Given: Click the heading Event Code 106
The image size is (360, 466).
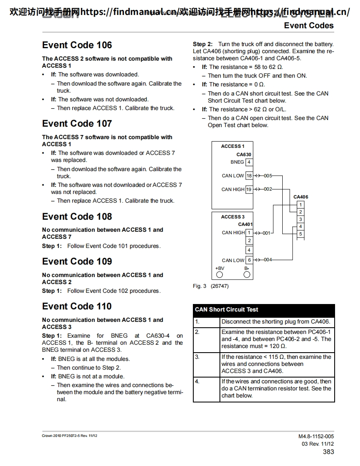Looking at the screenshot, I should click(x=77, y=45).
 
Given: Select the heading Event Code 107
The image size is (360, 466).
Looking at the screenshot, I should click(x=77, y=124).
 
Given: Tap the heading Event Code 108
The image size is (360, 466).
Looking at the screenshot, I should click(x=77, y=217).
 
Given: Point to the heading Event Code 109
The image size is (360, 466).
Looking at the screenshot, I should click(x=77, y=262).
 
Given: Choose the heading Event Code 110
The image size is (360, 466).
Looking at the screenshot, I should click(x=77, y=307).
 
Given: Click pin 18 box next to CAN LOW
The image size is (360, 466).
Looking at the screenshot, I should click(x=249, y=176).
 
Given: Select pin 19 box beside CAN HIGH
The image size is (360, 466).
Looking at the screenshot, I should click(x=249, y=189).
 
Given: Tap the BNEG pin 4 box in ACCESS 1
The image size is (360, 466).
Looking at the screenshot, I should click(x=249, y=162).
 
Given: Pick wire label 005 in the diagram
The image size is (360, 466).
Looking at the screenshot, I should click(x=268, y=176).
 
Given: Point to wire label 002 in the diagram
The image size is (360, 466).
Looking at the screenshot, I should click(x=268, y=189).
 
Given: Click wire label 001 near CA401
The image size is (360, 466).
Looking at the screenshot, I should click(x=266, y=233).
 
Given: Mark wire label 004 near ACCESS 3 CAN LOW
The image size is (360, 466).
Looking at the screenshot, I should click(x=268, y=260).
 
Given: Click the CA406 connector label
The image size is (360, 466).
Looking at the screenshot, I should click(x=301, y=197).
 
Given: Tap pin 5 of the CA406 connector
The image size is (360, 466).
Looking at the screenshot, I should click(x=301, y=234).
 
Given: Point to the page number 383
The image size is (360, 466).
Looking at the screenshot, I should click(x=328, y=452).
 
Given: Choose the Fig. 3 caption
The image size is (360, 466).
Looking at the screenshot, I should click(x=211, y=286).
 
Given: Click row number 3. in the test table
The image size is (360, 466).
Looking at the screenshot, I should click(x=197, y=357).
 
